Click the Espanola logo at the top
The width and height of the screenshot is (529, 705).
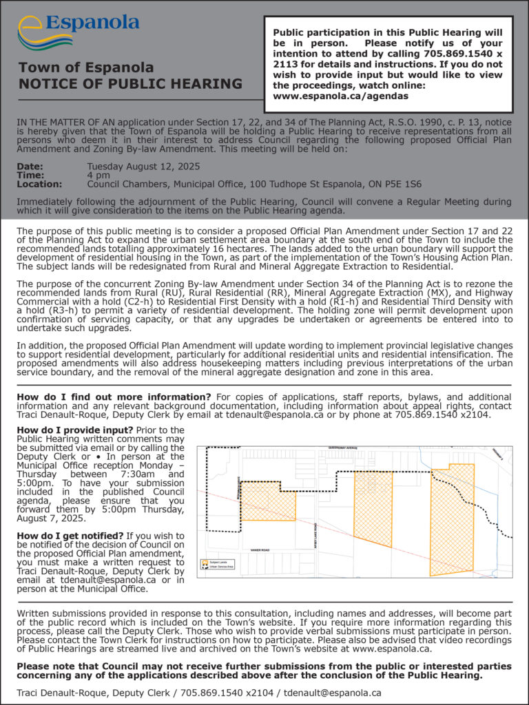tap(78, 30)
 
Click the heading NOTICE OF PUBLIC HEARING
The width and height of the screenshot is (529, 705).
tap(130, 84)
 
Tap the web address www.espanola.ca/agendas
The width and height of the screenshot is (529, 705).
tap(340, 96)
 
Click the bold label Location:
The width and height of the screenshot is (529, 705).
tap(39, 185)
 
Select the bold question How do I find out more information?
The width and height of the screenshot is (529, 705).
tap(114, 397)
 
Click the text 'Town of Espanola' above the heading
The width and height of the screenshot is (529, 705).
tap(86, 67)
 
